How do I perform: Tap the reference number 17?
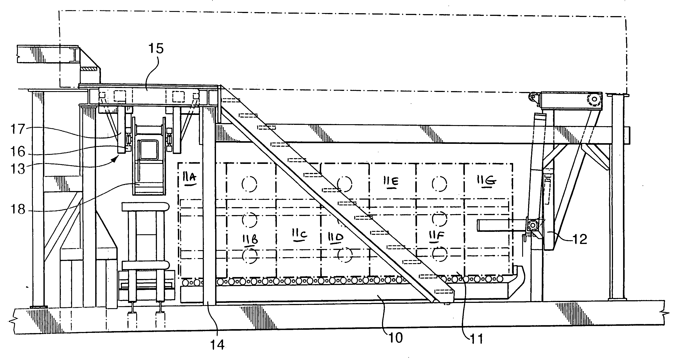pos(18,129)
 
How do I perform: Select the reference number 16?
pos(18,152)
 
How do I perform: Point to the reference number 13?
pos(18,169)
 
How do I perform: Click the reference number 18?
pos(18,210)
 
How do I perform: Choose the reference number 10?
pos(395,338)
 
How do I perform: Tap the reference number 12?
pos(580,239)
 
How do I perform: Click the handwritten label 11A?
pos(190,178)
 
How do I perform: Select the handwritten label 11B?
pos(250,239)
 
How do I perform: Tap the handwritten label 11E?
pos(391,182)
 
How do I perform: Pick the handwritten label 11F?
pos(436,235)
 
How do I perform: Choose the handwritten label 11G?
pos(486,181)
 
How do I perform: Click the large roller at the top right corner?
pos(594,99)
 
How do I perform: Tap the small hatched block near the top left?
pos(89,69)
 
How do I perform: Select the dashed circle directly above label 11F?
pos(439,219)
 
